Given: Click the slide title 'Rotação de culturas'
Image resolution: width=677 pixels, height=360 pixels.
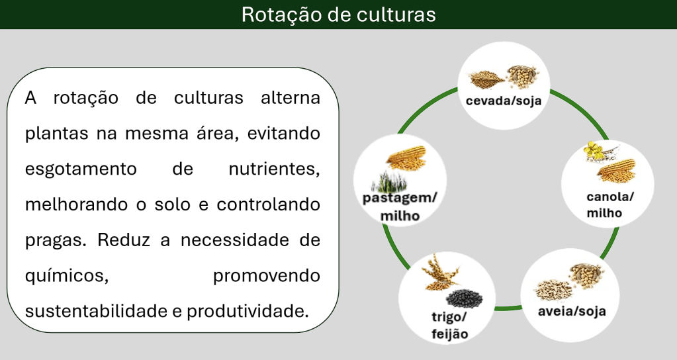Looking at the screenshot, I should pos(338,15).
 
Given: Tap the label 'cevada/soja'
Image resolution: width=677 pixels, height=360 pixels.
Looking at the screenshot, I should pos(504,101).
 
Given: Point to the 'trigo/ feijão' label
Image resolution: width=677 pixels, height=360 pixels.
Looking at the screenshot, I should pos(449,325).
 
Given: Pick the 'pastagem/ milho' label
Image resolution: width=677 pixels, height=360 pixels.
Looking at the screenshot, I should pos(400,206).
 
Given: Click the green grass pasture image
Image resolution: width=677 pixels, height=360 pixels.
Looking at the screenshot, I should pos(395,183).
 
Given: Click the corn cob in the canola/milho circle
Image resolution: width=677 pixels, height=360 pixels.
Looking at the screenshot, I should pos(617,171).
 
